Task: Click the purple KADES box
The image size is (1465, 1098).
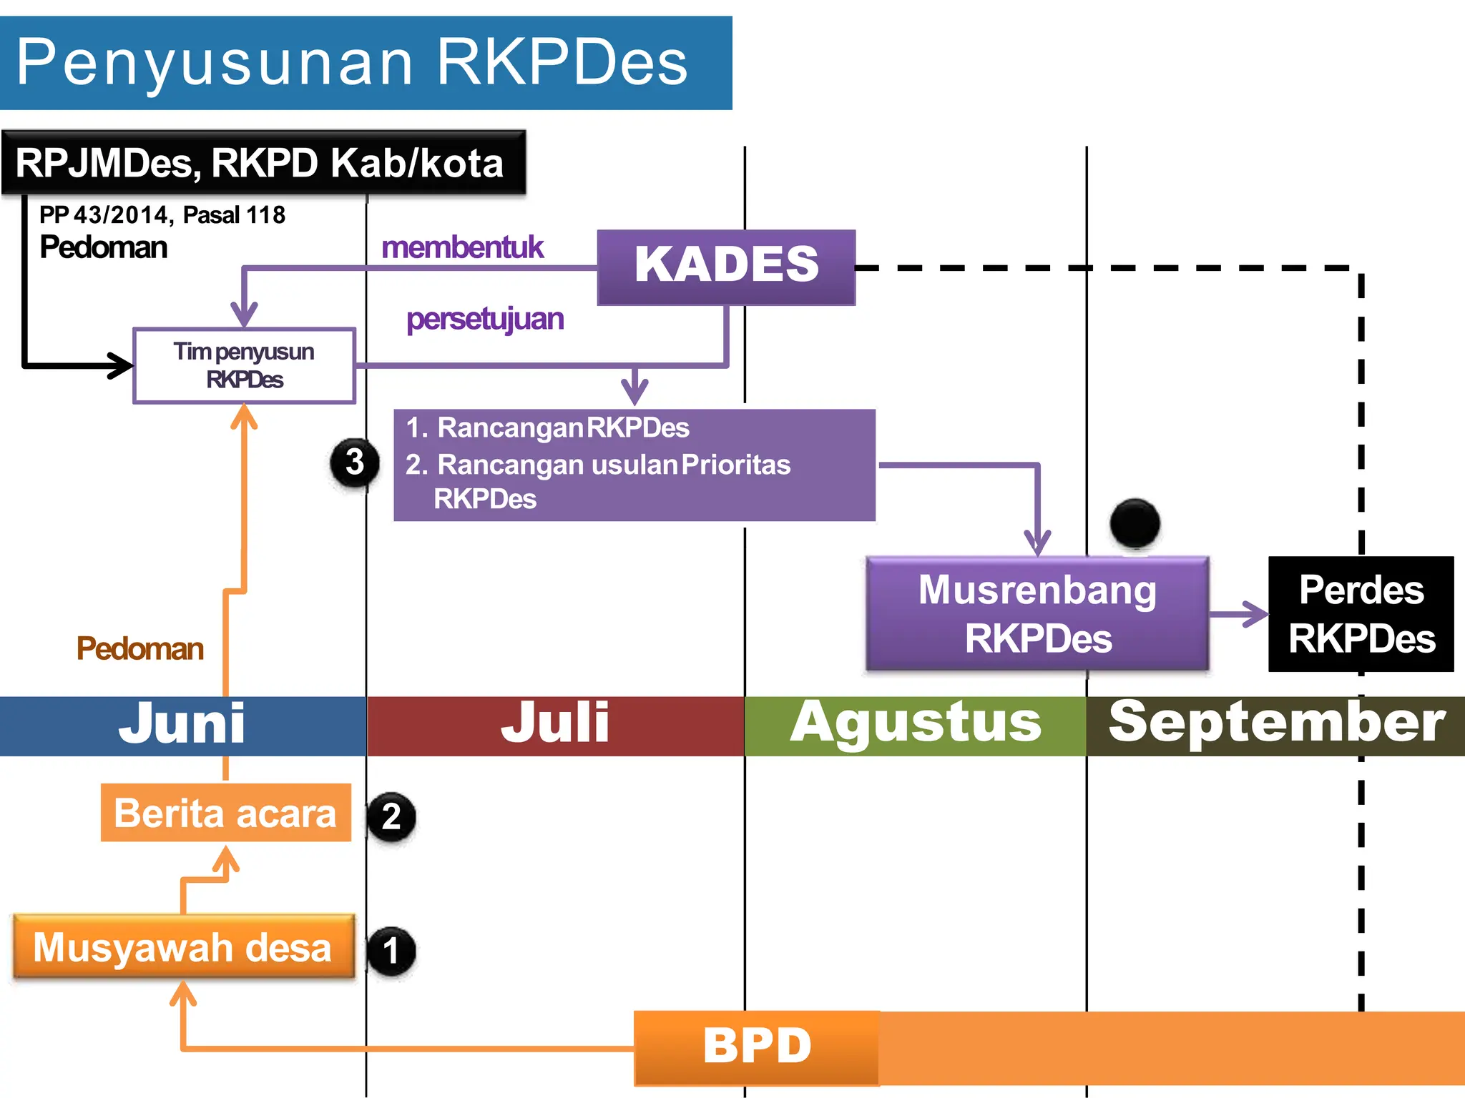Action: tap(726, 267)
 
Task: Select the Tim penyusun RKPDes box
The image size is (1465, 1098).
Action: tap(244, 365)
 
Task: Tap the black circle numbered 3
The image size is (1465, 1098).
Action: tap(355, 462)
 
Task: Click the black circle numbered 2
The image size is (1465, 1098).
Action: tap(391, 816)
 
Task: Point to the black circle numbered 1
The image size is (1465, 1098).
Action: tap(391, 951)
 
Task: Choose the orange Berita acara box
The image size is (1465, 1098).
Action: tap(225, 813)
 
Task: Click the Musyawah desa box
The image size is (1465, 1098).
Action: tap(183, 946)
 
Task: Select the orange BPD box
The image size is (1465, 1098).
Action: tap(757, 1047)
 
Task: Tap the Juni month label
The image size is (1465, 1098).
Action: tap(182, 724)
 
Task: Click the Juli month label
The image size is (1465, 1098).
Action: tap(555, 724)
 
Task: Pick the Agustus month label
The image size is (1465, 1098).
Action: tap(916, 724)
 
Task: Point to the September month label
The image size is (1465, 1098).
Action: tap(1276, 724)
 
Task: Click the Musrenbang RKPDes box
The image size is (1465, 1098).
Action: tap(1037, 613)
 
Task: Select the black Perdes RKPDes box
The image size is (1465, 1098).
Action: tap(1361, 613)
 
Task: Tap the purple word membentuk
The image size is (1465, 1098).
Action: tap(462, 247)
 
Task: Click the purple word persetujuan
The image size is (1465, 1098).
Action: tap(485, 319)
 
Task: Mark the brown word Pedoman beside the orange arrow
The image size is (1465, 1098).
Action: tap(140, 648)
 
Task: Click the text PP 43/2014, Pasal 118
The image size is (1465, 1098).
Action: tap(162, 214)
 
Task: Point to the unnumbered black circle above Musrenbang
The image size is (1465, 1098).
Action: tap(1135, 523)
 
